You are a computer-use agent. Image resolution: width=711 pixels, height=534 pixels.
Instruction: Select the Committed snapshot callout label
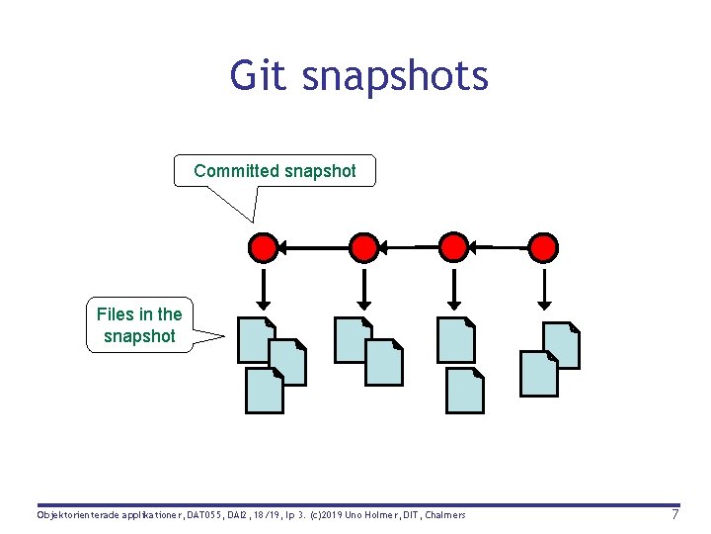(x=275, y=171)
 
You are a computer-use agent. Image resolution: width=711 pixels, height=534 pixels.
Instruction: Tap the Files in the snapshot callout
(x=139, y=325)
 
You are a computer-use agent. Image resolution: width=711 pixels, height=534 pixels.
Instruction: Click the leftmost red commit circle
(x=263, y=246)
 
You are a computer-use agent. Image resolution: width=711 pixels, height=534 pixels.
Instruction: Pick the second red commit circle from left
(x=364, y=246)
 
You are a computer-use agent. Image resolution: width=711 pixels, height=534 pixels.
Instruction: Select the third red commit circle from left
(x=452, y=246)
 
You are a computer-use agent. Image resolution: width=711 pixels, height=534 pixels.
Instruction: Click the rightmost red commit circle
(x=543, y=246)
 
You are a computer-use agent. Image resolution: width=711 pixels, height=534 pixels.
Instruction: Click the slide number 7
(x=674, y=515)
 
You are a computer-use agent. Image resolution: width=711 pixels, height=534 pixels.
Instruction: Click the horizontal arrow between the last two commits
(x=498, y=246)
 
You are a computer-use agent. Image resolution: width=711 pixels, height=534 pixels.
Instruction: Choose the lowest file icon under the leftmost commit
(x=264, y=391)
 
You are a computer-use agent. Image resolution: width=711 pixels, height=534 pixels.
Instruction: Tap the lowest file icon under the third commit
(x=465, y=391)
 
